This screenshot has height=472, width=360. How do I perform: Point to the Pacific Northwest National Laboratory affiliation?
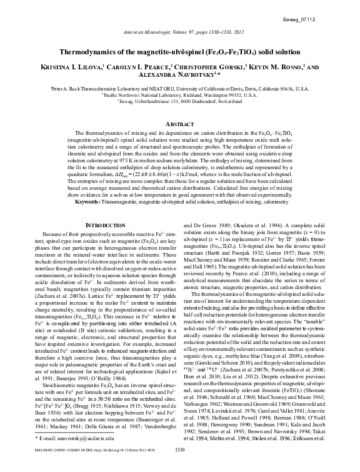[179, 95]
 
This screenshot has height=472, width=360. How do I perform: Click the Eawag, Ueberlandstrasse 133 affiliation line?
[179, 101]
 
